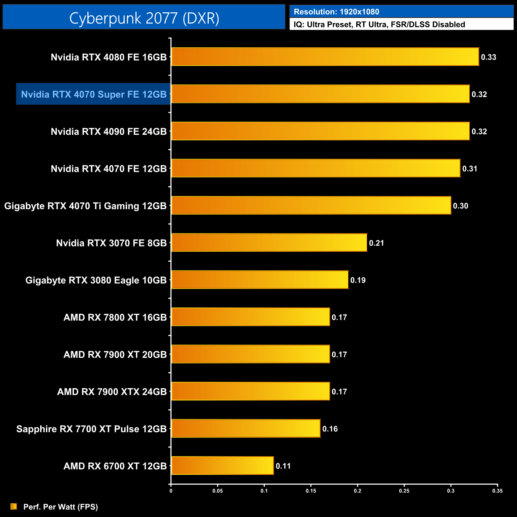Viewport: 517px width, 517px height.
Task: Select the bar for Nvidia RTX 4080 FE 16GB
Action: tap(325, 57)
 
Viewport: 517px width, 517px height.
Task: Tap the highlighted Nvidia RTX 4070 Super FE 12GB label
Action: tap(93, 94)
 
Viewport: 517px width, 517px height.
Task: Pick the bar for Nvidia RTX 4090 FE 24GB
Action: tap(320, 131)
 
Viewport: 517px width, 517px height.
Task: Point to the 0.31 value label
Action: tap(470, 169)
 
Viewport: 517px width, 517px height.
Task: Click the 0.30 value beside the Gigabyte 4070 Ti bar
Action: tap(461, 206)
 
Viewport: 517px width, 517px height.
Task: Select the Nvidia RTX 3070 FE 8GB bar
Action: tap(269, 243)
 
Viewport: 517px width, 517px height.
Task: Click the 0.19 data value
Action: tap(358, 280)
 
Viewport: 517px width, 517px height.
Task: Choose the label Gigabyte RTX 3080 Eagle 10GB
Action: tap(96, 280)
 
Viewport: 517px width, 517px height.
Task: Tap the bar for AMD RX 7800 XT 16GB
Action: tap(250, 317)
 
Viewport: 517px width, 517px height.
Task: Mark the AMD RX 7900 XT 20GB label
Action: tap(115, 355)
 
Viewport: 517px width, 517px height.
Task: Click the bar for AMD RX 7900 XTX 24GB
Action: tap(250, 392)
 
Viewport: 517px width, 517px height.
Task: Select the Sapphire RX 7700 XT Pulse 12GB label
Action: tap(91, 429)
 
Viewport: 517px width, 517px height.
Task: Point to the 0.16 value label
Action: tap(330, 429)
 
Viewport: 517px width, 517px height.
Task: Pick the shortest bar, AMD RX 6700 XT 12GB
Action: tap(222, 466)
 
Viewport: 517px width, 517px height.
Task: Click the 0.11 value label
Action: tap(283, 466)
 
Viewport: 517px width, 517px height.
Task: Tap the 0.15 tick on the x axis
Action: tap(311, 491)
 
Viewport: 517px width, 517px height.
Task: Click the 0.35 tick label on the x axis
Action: tap(498, 491)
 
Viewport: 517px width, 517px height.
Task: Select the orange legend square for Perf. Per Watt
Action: tap(14, 506)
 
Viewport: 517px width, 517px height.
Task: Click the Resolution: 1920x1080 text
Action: tap(336, 12)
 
